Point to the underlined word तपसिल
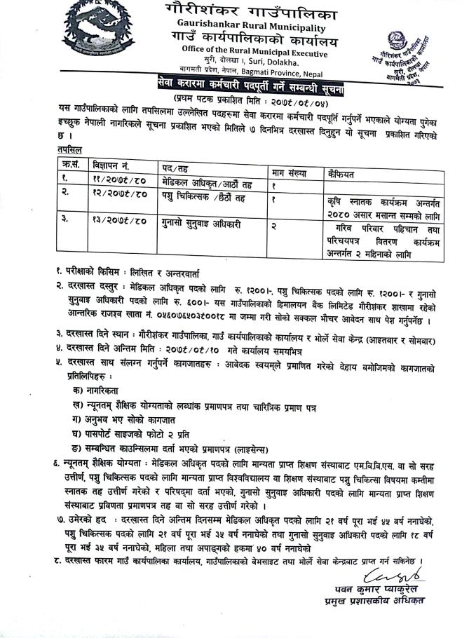69,150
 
